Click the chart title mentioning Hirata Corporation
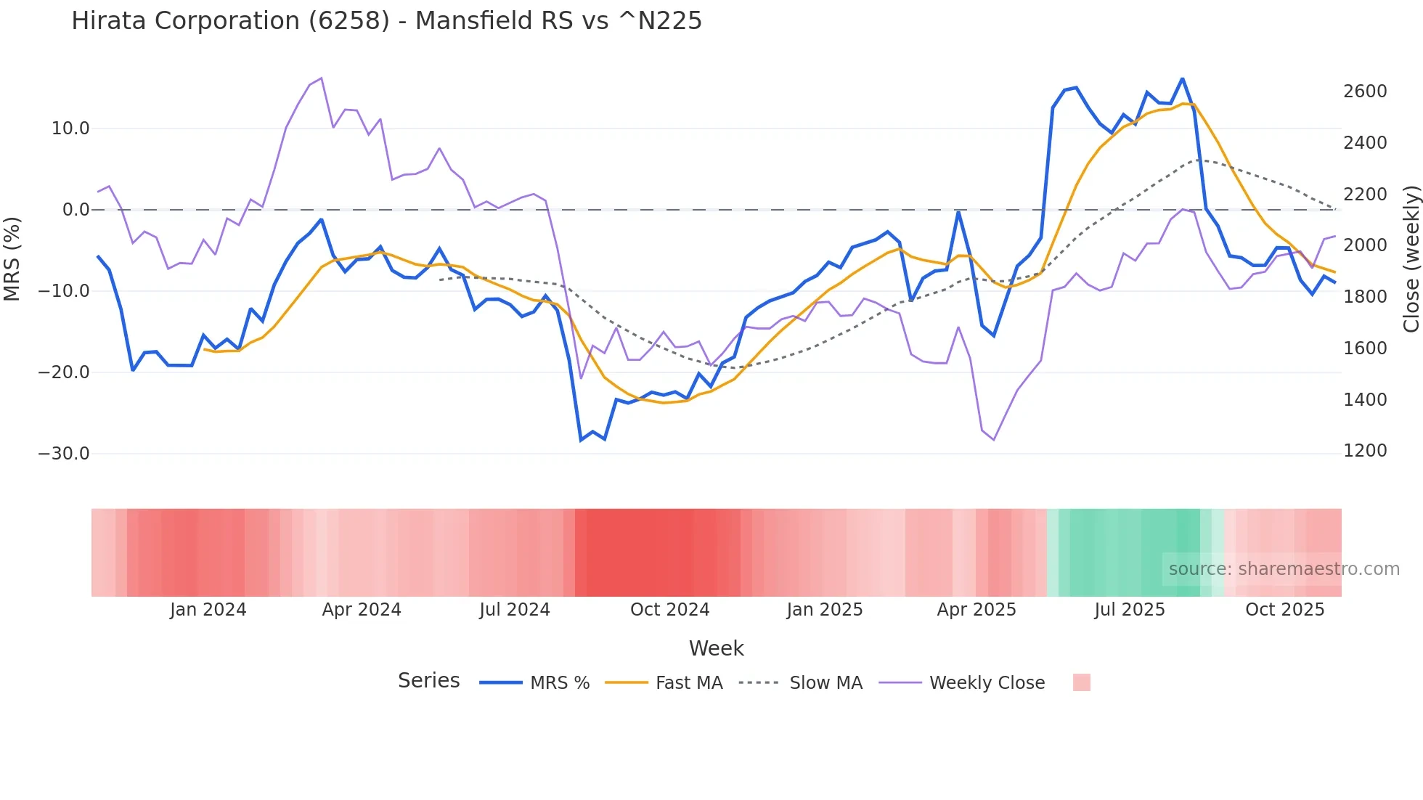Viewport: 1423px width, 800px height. click(x=386, y=21)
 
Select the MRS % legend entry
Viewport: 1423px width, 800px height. click(x=559, y=683)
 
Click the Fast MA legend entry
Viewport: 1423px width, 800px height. click(x=688, y=683)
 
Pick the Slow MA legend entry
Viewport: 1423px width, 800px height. click(x=825, y=683)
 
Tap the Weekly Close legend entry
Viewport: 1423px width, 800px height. click(x=986, y=683)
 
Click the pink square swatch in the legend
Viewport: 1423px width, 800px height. click(x=1081, y=682)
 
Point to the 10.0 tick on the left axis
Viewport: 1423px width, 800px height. click(x=70, y=128)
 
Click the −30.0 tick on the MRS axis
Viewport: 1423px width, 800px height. click(x=64, y=454)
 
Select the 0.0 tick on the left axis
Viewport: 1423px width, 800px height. click(x=76, y=210)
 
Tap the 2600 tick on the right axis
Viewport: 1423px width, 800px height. click(x=1365, y=91)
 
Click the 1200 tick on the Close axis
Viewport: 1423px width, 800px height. click(x=1365, y=451)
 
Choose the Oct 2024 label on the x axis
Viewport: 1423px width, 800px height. click(x=669, y=610)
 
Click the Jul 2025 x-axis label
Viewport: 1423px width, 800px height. click(x=1129, y=610)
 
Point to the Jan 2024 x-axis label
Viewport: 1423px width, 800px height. click(x=208, y=610)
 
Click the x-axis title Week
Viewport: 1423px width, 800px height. click(x=716, y=648)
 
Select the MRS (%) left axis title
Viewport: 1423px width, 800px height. click(x=12, y=258)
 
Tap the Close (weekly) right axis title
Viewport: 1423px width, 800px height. click(x=1411, y=258)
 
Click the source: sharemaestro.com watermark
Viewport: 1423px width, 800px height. click(x=1284, y=569)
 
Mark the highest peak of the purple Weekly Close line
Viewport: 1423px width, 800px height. click(x=321, y=78)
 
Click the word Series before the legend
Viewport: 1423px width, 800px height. click(x=428, y=681)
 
